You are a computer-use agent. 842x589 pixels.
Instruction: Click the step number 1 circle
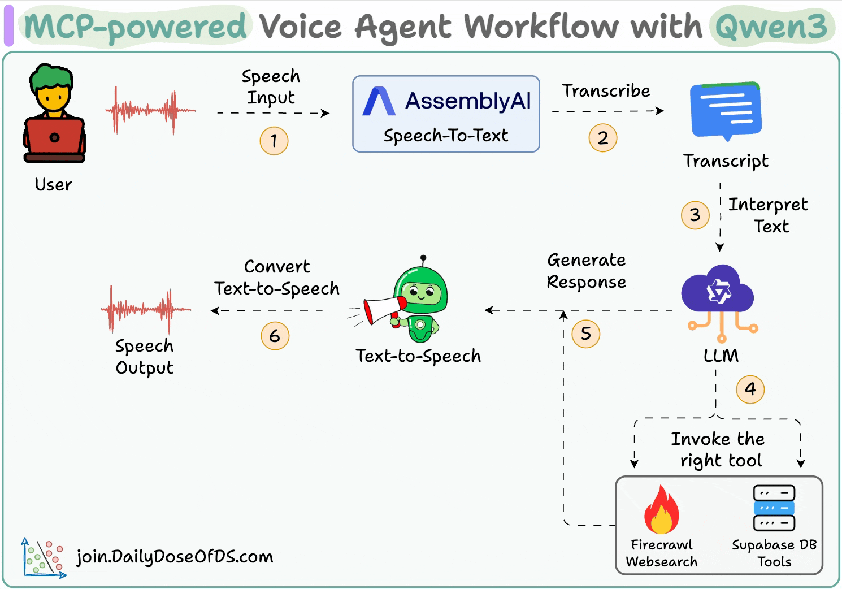coord(274,141)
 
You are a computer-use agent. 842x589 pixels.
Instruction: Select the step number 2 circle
coord(603,138)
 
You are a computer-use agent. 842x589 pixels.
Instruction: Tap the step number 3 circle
coord(695,215)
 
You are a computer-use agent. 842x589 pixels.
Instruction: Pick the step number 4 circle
coord(750,389)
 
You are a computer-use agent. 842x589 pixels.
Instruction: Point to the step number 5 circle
coord(586,334)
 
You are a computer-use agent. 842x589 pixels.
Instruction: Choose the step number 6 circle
coord(275,336)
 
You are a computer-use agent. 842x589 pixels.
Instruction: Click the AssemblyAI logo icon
coord(378,102)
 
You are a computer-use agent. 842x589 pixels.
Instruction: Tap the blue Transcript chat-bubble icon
coord(726,111)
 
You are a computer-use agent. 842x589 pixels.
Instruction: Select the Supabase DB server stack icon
coord(774,508)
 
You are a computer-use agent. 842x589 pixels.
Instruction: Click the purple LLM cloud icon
coord(718,291)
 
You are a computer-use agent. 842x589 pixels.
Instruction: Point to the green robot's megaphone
coord(384,309)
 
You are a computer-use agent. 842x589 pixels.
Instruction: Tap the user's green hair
coord(52,77)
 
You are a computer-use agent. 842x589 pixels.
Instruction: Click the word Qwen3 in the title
coord(771,27)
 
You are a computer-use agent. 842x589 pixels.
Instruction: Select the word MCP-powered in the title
coord(136,27)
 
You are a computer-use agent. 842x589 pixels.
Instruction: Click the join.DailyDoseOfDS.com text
coord(175,557)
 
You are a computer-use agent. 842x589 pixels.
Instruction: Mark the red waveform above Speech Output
coord(146,309)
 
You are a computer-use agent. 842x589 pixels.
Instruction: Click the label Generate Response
coord(586,271)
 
